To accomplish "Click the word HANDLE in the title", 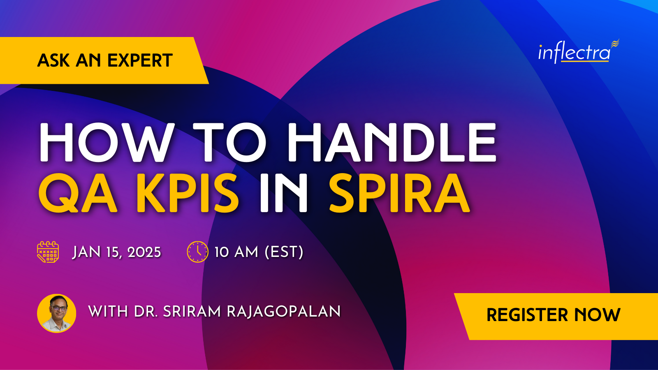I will (x=392, y=143).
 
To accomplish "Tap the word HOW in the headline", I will (x=106, y=143).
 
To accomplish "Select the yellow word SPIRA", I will (x=399, y=193).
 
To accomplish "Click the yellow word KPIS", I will (x=188, y=193).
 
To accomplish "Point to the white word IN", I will (x=284, y=193).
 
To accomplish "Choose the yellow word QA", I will (x=78, y=193).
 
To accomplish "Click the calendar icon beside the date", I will (x=48, y=252).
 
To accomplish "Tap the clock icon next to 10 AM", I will (x=197, y=252).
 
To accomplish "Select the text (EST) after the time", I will (x=284, y=252).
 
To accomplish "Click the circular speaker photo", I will (x=57, y=313).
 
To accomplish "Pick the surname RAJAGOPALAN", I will (x=283, y=311).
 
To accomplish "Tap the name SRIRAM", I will (x=192, y=311).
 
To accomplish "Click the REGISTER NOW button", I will (x=554, y=315).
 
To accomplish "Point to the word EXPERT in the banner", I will (x=140, y=60).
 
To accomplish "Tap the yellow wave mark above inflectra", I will (x=615, y=44).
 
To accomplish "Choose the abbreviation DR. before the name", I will (x=146, y=311).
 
